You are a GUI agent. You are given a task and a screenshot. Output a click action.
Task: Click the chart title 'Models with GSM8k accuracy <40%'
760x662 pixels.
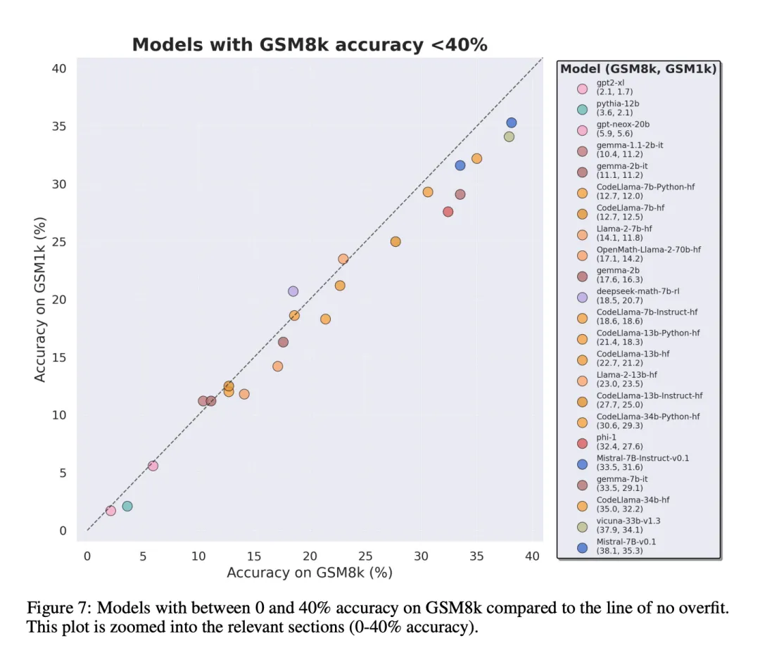(x=310, y=45)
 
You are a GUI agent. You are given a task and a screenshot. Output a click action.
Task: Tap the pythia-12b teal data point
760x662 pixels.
(x=127, y=506)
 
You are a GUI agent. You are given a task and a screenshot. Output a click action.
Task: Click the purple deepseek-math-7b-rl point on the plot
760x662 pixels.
(x=293, y=291)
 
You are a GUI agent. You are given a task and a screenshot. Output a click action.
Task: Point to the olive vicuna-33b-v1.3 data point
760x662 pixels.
(x=509, y=136)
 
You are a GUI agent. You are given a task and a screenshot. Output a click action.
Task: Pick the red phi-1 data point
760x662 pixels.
(x=448, y=212)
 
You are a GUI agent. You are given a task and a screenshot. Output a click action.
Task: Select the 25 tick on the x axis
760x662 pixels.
(x=365, y=556)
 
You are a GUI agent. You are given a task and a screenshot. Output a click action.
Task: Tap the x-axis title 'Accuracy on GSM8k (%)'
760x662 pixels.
(x=309, y=573)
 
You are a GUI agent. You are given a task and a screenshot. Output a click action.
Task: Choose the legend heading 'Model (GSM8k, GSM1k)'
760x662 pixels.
(x=638, y=68)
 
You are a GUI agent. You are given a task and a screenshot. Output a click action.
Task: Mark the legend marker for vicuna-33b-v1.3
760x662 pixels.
(x=582, y=526)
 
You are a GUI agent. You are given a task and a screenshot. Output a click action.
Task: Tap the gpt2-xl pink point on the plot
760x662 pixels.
(x=110, y=511)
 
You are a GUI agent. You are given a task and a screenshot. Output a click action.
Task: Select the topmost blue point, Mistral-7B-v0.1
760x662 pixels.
(x=512, y=123)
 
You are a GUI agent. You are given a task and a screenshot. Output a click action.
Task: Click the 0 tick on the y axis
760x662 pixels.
(x=63, y=531)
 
